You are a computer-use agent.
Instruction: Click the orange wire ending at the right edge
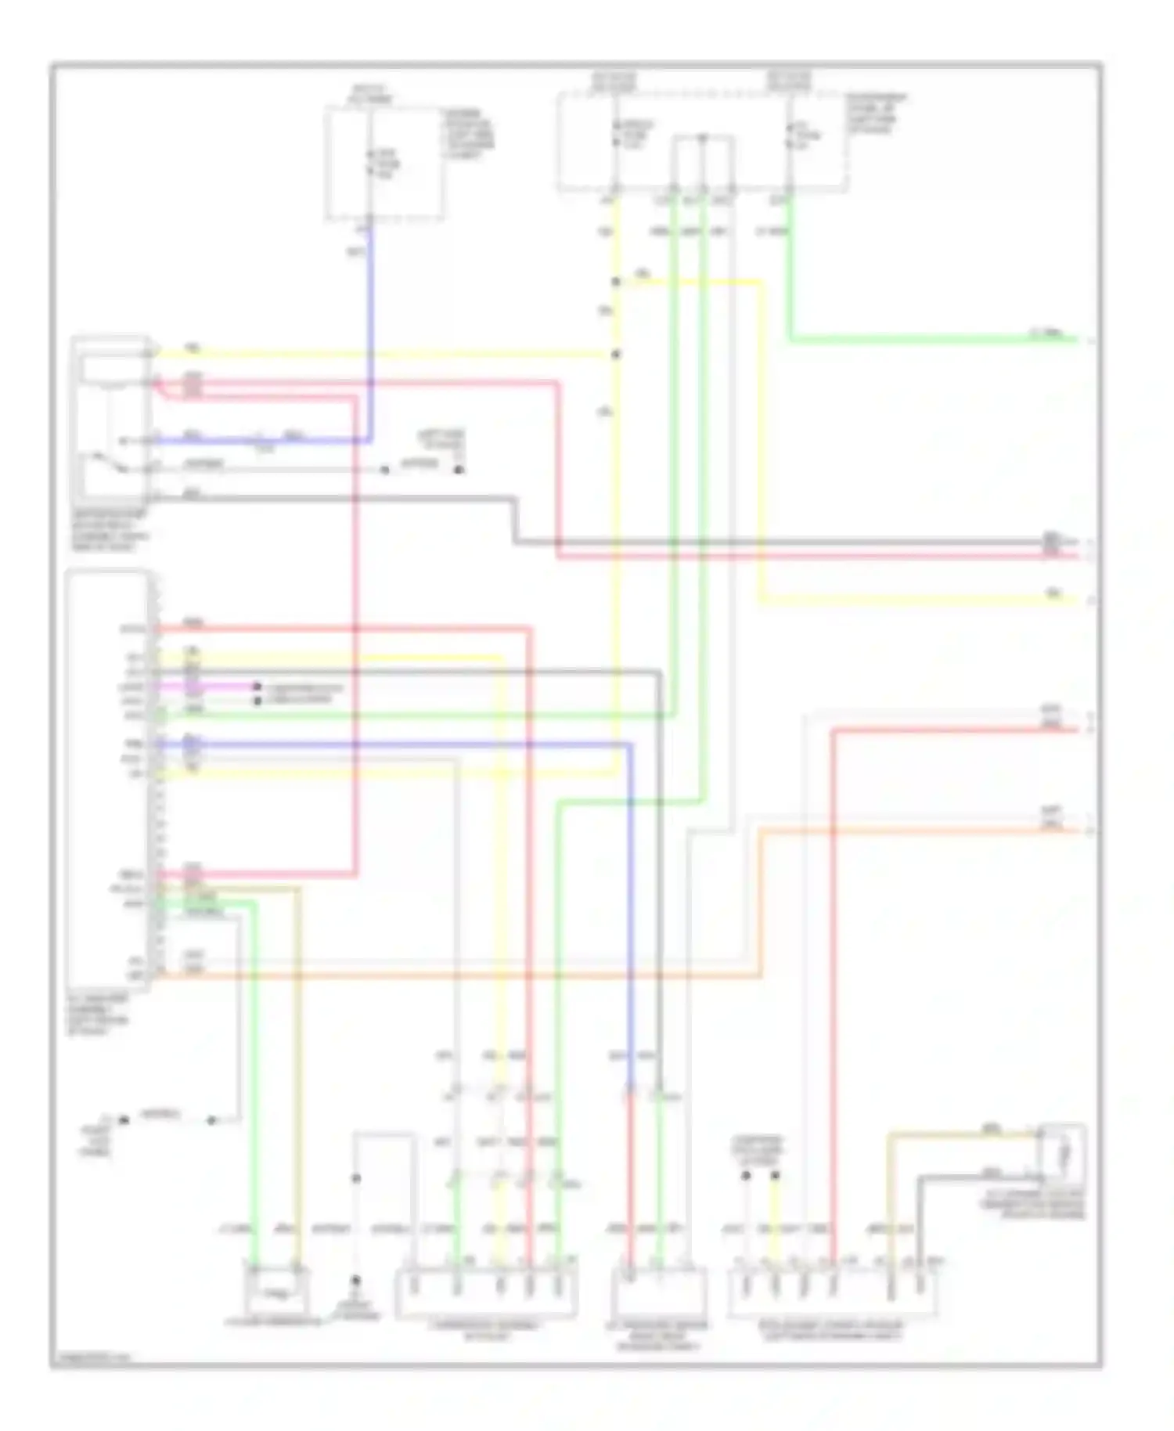tap(924, 831)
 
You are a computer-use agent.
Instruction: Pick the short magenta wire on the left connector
tap(207, 687)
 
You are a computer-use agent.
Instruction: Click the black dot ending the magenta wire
tap(257, 687)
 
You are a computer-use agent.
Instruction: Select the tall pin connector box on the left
tap(110, 783)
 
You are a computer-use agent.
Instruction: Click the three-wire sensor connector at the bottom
tap(657, 1295)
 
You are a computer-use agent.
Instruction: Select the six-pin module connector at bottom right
tap(833, 1295)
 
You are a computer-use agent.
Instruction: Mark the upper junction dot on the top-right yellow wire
tap(616, 283)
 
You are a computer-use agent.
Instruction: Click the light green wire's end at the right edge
tap(1077, 340)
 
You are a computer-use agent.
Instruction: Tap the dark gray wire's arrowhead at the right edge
tap(1077, 542)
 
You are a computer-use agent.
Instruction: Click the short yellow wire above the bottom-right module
tap(776, 1221)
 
